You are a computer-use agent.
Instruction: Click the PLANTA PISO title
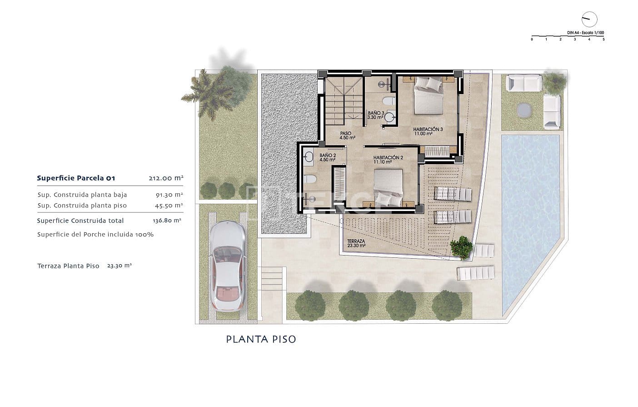(261, 339)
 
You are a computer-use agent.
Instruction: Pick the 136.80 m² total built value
(167, 221)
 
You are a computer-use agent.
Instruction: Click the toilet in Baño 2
(310, 179)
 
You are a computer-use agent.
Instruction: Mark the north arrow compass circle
(589, 19)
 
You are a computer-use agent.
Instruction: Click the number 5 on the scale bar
(603, 40)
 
